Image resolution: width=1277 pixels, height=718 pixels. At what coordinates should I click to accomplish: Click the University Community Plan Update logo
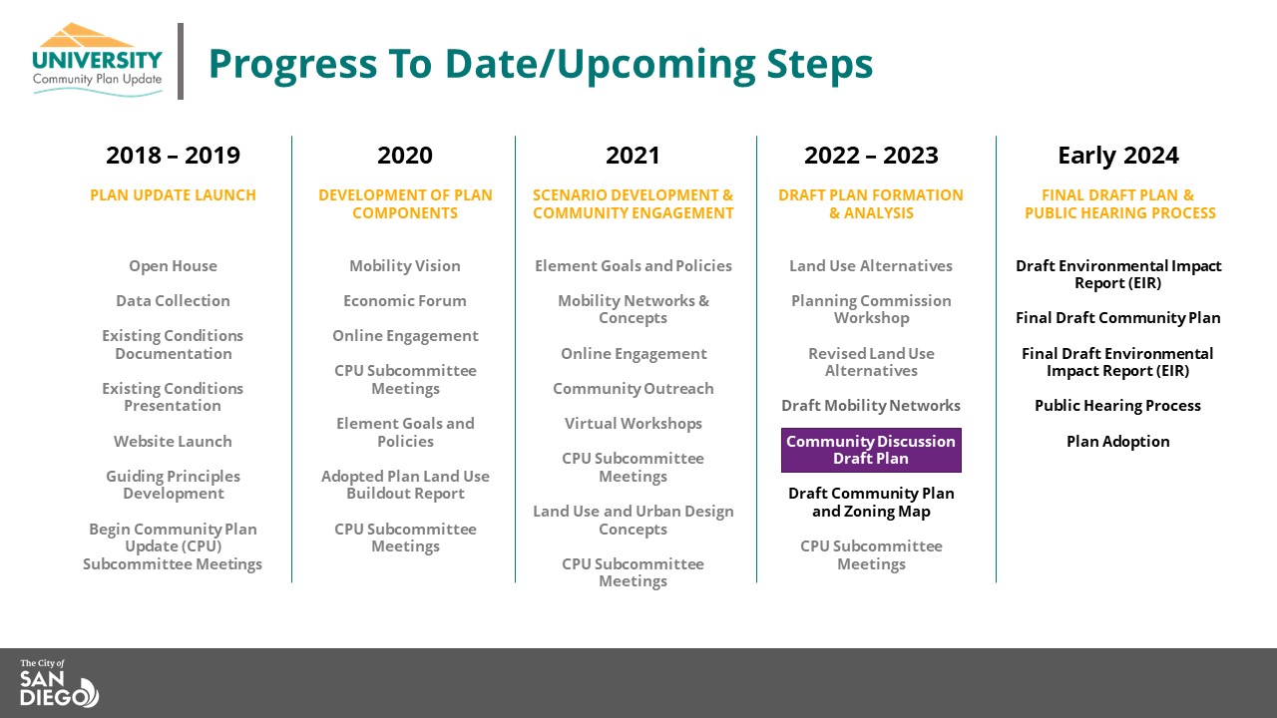(98, 60)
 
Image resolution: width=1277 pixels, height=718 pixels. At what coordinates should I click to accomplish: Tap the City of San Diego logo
(59, 683)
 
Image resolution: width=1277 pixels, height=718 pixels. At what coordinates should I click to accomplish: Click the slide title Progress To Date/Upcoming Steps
(541, 65)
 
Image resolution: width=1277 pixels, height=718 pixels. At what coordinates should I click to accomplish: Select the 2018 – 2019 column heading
(173, 155)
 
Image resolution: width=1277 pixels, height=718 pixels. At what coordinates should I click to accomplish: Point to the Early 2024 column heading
(1118, 155)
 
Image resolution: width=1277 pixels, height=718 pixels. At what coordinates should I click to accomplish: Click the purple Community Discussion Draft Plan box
(871, 450)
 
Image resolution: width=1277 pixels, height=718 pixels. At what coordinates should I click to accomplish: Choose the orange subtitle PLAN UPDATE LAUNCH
(173, 194)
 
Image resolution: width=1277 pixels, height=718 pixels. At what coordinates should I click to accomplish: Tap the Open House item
(173, 266)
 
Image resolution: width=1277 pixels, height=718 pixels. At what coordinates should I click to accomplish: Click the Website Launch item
(173, 441)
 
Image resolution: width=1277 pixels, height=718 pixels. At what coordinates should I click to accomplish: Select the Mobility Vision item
(405, 266)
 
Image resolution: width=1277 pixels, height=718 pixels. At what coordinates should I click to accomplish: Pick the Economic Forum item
(405, 301)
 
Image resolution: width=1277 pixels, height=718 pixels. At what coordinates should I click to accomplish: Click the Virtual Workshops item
(634, 424)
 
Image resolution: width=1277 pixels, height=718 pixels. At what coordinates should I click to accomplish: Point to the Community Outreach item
(634, 389)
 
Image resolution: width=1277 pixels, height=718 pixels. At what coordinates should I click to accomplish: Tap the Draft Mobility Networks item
(871, 406)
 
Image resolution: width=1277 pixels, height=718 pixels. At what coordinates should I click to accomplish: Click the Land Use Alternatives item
(871, 266)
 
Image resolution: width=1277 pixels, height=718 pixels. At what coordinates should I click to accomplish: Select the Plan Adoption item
(1118, 442)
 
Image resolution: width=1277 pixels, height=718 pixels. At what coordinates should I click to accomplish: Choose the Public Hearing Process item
(1118, 406)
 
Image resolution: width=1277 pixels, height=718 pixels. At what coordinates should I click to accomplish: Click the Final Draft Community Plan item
(1118, 318)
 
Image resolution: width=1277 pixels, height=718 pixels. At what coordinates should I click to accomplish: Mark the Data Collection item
(173, 301)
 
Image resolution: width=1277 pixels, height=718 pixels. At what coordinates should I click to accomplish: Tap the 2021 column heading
(633, 155)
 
